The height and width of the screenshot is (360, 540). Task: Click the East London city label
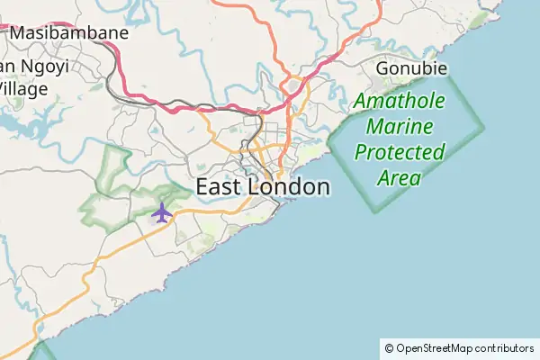click(x=263, y=187)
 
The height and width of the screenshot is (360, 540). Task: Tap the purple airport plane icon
click(x=161, y=212)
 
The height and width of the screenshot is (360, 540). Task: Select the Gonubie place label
click(x=411, y=68)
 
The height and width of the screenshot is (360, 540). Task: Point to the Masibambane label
click(x=70, y=33)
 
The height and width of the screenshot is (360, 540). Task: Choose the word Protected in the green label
click(x=400, y=152)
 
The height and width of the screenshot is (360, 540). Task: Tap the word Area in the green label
click(x=400, y=177)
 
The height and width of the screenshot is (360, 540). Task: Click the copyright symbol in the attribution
click(x=389, y=347)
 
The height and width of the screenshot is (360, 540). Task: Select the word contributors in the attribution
click(x=504, y=347)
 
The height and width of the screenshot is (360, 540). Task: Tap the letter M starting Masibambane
click(x=19, y=33)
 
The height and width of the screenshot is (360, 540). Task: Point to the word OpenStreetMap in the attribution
click(x=435, y=347)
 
